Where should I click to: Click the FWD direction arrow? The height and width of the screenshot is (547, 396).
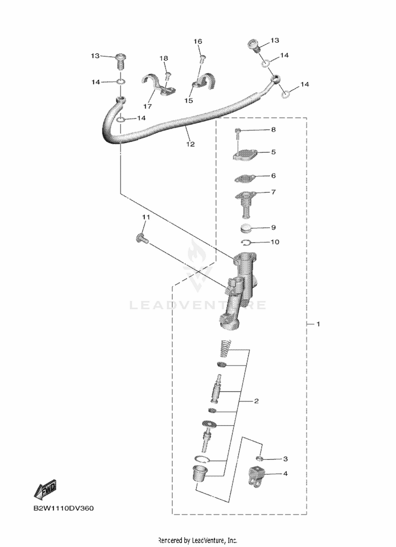45,489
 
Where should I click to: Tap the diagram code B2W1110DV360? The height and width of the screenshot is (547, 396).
63,508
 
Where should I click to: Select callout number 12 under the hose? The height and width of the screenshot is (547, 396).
190,144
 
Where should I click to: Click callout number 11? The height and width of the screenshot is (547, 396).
146,217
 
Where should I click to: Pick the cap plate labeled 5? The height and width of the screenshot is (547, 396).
245,154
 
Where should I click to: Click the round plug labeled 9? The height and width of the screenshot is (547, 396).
246,228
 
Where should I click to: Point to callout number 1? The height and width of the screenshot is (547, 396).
318,324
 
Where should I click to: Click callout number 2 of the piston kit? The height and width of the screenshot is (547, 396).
256,401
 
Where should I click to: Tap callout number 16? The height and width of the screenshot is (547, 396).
198,41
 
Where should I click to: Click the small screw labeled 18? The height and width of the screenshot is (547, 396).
167,77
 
